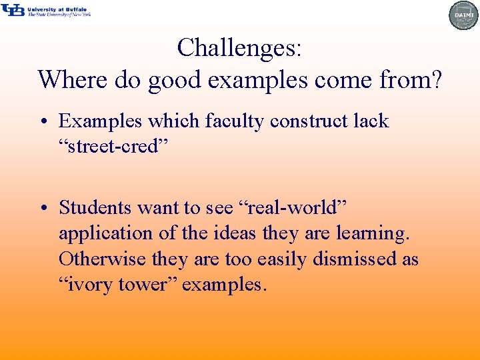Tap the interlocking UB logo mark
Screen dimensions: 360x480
pyautogui.click(x=13, y=10)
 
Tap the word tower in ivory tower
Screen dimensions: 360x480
pyautogui.click(x=147, y=285)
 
